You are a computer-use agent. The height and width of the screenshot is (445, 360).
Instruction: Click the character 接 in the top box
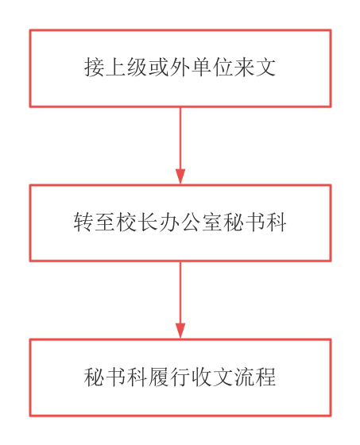95,68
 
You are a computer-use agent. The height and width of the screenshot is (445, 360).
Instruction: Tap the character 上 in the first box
115,68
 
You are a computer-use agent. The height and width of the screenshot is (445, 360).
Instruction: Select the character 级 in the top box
137,68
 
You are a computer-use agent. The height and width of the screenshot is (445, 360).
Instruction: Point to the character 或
158,68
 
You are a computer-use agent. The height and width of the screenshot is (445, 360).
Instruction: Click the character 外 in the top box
180,68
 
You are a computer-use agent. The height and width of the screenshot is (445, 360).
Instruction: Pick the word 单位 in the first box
212,68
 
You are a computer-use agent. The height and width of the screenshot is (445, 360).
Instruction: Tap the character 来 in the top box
244,68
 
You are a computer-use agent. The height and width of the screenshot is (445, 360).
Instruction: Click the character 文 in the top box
265,68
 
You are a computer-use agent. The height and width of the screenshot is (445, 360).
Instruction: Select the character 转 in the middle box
83,222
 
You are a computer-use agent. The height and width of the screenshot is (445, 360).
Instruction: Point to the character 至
105,222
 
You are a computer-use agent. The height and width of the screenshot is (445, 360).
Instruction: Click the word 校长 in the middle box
137,222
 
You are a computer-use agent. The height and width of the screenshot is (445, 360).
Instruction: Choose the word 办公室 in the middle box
191,222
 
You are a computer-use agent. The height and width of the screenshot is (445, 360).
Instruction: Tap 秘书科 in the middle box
255,222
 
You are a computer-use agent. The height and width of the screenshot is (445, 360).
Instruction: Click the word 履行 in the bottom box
169,377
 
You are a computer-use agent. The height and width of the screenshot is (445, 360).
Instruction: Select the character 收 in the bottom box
201,377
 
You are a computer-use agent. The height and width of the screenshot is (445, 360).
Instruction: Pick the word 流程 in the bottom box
255,377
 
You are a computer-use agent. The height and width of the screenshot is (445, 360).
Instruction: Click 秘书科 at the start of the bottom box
115,377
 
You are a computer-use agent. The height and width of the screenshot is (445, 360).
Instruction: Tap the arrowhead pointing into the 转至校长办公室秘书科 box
180,176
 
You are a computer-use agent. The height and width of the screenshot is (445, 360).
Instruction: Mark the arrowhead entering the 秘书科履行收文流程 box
180,331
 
